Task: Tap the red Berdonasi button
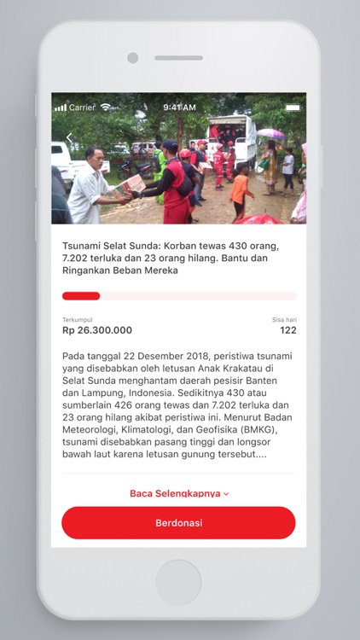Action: [178, 523]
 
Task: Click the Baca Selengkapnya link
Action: [178, 493]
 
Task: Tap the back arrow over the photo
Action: [69, 138]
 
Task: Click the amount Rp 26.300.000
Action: [97, 330]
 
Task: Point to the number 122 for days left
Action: [288, 330]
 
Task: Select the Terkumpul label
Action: [77, 319]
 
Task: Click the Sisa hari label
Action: [284, 319]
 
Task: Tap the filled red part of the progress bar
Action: [81, 296]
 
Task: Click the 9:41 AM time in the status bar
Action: [179, 108]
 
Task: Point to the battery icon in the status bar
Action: [293, 108]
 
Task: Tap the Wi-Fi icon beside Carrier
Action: [106, 108]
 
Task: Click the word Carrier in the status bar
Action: [83, 108]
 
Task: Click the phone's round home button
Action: [178, 583]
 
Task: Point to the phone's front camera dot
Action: [132, 58]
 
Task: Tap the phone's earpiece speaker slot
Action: [178, 58]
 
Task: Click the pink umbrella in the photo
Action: [271, 133]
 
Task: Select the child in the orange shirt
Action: [240, 189]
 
